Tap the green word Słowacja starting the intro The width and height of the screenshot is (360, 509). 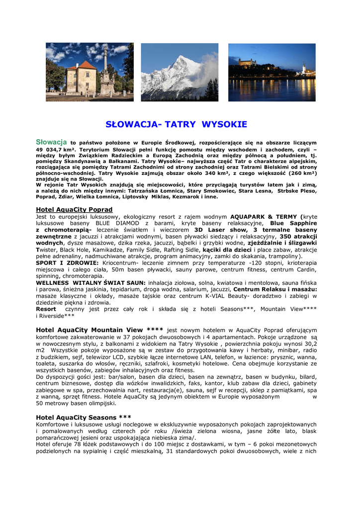pyautogui.click(x=52, y=142)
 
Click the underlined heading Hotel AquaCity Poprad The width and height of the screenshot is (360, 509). pyautogui.click(x=75, y=209)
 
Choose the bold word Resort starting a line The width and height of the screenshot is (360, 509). pyautogui.click(x=46, y=309)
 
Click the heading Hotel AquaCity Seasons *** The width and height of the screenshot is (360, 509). pyautogui.click(x=84, y=417)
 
